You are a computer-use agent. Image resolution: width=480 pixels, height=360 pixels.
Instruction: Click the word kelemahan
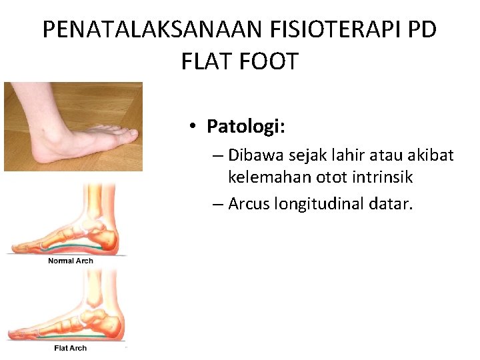(x=263, y=177)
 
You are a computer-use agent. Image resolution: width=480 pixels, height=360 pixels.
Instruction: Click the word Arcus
(x=249, y=203)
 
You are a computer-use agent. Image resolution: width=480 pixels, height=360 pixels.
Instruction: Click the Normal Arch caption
(x=71, y=261)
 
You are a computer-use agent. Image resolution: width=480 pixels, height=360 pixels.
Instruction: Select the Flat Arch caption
(x=71, y=348)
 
